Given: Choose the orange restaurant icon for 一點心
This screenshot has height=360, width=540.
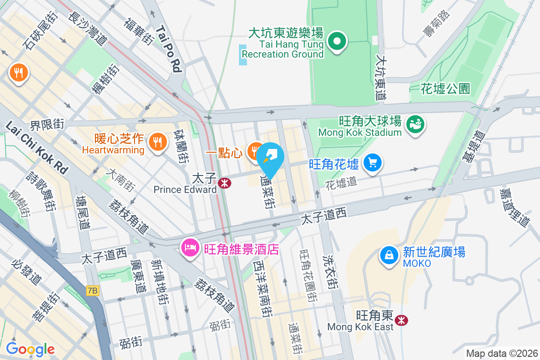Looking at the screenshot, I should point(256,152).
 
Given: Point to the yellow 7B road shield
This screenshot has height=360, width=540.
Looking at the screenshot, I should point(93,291).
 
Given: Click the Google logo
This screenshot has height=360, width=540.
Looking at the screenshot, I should point(30,349).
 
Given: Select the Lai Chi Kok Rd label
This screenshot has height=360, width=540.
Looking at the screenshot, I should point(37,147).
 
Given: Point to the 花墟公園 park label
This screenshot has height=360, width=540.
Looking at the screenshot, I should point(445,88).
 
